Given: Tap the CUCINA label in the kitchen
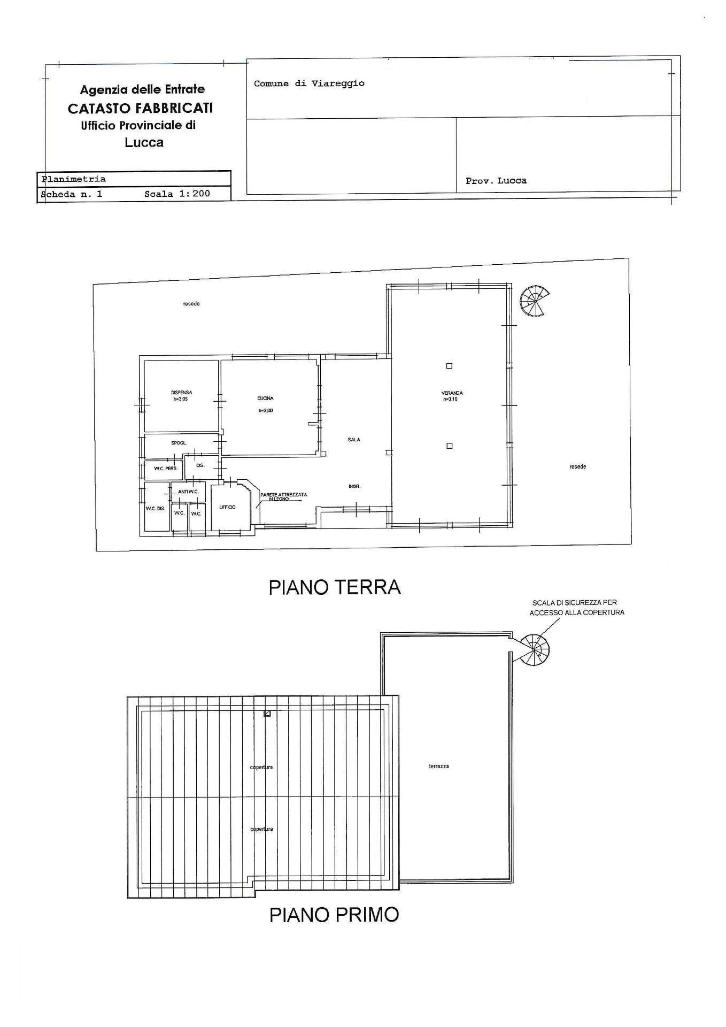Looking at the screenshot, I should tap(265, 398).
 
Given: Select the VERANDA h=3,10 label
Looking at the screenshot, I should tap(452, 396).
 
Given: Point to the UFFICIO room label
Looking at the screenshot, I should tap(227, 507).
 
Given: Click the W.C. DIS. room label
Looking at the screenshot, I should tap(156, 509).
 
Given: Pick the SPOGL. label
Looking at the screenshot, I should tap(179, 443).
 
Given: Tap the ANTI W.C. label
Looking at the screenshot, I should tap(188, 492).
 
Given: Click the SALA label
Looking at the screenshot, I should tap(354, 440).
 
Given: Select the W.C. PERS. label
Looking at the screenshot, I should tap(165, 469).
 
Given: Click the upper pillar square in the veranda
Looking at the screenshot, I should tap(449, 366).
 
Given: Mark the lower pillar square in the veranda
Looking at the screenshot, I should tap(449, 446).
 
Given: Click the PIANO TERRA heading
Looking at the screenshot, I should tap(334, 587).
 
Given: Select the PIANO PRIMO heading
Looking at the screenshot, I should tap(334, 915).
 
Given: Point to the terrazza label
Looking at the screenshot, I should tap(438, 767).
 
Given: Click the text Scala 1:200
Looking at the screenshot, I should tap(177, 194).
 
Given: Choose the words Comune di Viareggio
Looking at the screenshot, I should tap(309, 83).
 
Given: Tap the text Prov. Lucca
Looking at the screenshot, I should tap(496, 181).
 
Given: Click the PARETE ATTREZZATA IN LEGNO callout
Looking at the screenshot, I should tap(283, 496).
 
